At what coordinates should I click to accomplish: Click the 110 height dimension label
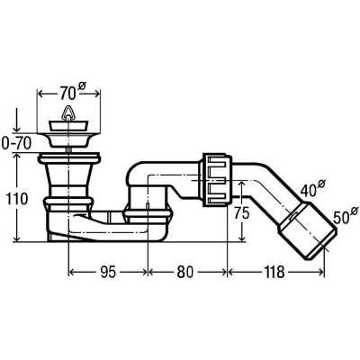[x=16, y=199]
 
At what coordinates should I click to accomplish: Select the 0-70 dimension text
[x=16, y=145]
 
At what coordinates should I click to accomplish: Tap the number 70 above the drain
[x=67, y=94]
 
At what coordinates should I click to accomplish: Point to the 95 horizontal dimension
[x=108, y=273]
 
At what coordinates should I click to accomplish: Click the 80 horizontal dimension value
[x=185, y=273]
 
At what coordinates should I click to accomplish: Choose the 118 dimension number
[x=274, y=273]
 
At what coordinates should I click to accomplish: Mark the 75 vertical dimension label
[x=242, y=214]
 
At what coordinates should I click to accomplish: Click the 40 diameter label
[x=309, y=190]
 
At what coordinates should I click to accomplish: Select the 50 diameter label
[x=340, y=217]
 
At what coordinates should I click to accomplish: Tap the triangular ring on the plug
[x=68, y=112]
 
